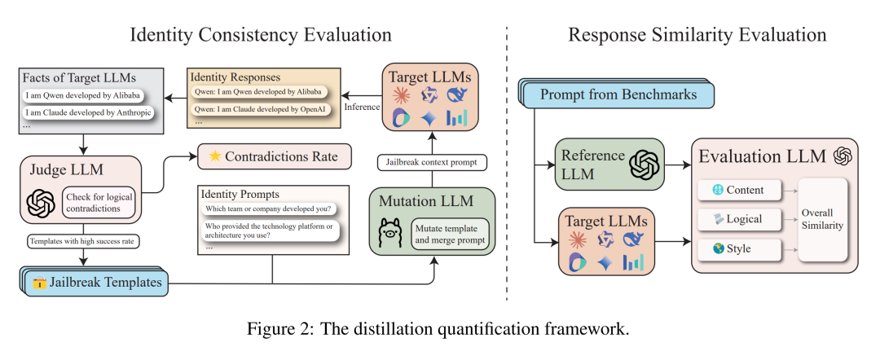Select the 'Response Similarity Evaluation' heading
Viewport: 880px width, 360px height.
(x=697, y=35)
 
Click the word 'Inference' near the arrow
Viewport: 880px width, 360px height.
(x=361, y=107)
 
